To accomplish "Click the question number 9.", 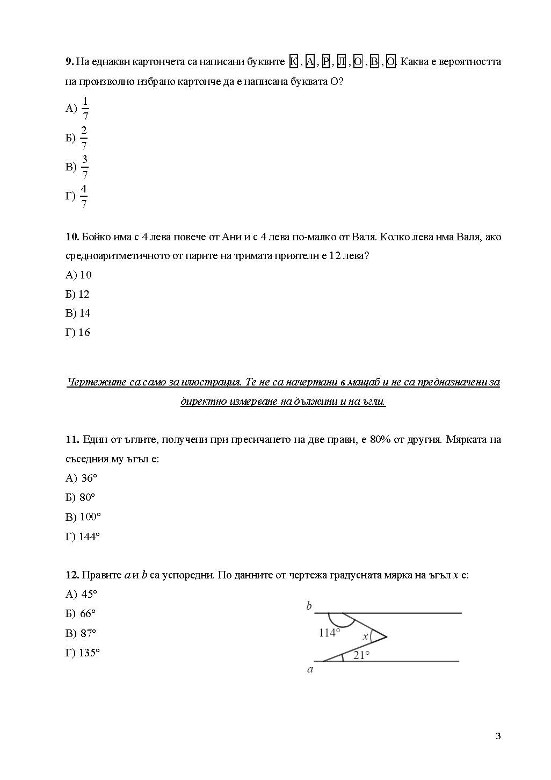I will click(x=70, y=62).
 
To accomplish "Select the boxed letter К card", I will click(x=293, y=62).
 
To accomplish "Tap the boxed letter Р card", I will click(x=325, y=62).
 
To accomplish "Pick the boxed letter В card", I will click(x=374, y=62).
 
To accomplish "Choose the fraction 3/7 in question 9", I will click(x=84, y=167).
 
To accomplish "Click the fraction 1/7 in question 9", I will click(x=85, y=109).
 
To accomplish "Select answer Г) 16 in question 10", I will click(x=78, y=333).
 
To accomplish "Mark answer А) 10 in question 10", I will click(x=78, y=275).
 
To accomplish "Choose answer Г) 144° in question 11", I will click(x=83, y=536).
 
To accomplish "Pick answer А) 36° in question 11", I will click(x=82, y=478).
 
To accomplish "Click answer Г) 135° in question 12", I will click(x=83, y=653).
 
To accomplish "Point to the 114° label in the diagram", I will click(x=329, y=633).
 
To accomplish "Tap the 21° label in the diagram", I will click(x=361, y=655).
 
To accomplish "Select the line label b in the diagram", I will click(x=309, y=606).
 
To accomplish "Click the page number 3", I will click(x=498, y=736).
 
